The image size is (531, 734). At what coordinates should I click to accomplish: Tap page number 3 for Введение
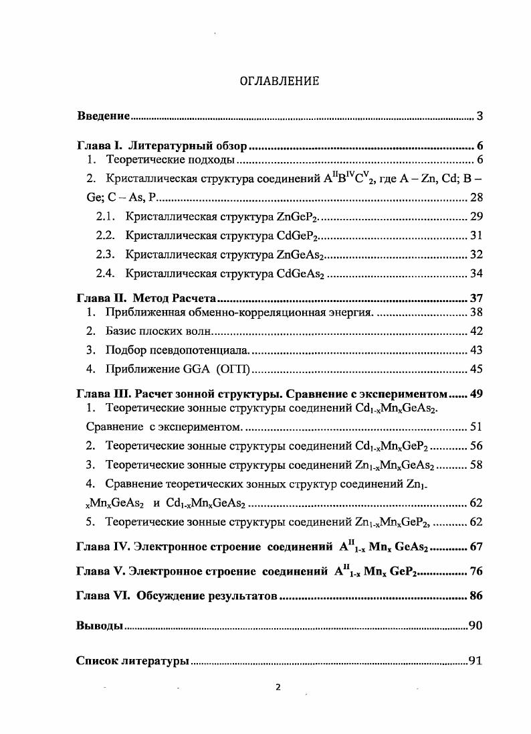coord(480,116)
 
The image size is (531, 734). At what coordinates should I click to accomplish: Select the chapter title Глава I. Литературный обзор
coord(162,145)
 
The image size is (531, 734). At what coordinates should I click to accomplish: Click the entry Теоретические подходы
coord(171,160)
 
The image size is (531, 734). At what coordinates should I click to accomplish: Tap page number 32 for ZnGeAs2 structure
coord(475,254)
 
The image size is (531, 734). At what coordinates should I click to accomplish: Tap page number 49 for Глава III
coord(476,393)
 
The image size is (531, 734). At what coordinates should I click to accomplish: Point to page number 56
coord(475,446)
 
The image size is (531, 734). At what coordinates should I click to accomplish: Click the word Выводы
coord(99,626)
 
